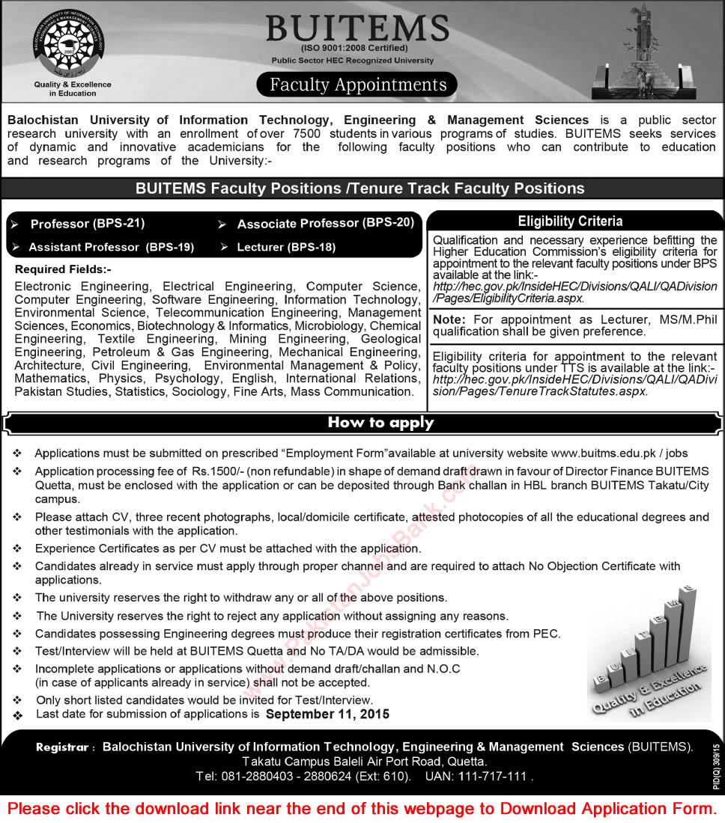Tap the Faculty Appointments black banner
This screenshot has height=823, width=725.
pyautogui.click(x=358, y=85)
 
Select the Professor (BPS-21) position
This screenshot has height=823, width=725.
pyautogui.click(x=87, y=224)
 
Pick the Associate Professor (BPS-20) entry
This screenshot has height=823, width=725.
pyautogui.click(x=325, y=223)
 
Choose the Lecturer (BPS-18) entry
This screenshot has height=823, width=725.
pyautogui.click(x=286, y=246)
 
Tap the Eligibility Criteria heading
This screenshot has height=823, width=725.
pyautogui.click(x=569, y=221)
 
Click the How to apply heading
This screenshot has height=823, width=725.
pyautogui.click(x=380, y=423)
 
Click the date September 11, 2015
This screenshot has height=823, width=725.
pyautogui.click(x=327, y=715)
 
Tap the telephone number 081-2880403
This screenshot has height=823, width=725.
pyautogui.click(x=252, y=777)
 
